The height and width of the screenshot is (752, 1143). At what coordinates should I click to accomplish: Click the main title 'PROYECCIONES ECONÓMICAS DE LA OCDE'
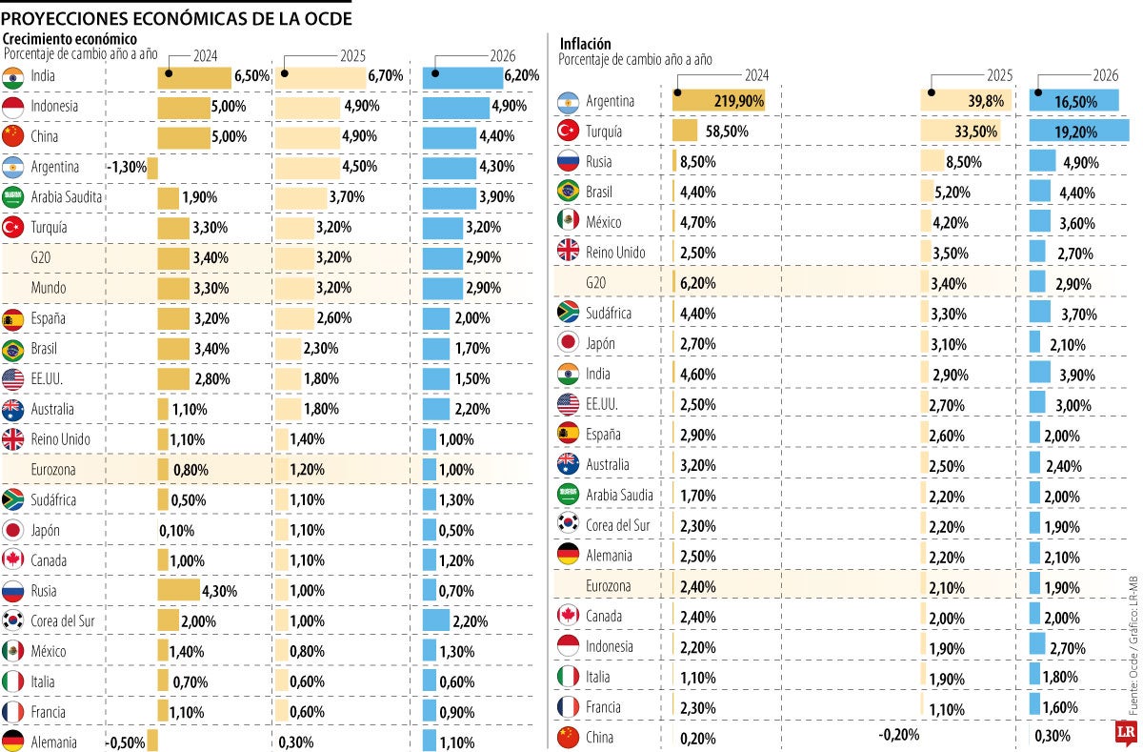tap(177, 18)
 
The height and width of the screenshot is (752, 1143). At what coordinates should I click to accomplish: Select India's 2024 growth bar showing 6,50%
tap(193, 76)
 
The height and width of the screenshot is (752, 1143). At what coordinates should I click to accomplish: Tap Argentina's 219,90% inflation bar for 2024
tap(718, 100)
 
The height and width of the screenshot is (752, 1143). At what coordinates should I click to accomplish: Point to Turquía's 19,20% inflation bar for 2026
tap(1078, 131)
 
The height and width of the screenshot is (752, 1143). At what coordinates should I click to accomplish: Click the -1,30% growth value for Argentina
tap(127, 167)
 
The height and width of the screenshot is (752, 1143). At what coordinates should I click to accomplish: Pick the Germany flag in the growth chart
tap(13, 742)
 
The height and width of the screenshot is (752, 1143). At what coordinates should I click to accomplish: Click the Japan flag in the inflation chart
tap(568, 343)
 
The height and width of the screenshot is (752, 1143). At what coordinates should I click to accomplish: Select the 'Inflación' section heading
tap(585, 44)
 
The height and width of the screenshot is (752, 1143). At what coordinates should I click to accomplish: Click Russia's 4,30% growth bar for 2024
tap(178, 590)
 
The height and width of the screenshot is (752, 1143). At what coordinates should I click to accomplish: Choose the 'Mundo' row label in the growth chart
tap(49, 288)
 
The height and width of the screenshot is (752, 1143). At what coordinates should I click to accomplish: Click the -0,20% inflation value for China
tap(898, 735)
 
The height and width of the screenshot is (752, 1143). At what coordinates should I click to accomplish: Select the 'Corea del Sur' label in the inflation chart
tap(617, 525)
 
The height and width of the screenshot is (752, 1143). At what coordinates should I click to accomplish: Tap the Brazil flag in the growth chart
tap(13, 349)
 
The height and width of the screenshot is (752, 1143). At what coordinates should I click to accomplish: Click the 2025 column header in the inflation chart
tap(998, 75)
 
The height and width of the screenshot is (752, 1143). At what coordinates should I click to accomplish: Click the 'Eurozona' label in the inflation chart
tap(609, 585)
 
